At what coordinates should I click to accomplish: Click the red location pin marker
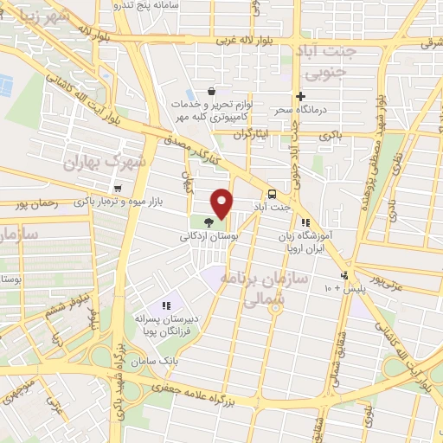tap(222, 203)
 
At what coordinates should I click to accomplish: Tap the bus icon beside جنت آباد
tap(273, 194)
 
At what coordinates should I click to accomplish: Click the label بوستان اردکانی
tap(208, 235)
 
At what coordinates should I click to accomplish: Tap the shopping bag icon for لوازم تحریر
tap(212, 91)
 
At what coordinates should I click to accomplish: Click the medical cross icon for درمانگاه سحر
tap(300, 97)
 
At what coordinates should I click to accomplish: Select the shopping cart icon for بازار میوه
tap(117, 188)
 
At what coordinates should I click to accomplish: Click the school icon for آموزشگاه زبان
tap(305, 221)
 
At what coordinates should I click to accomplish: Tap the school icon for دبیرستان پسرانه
tap(166, 305)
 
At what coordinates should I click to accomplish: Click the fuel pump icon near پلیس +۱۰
tap(344, 276)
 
